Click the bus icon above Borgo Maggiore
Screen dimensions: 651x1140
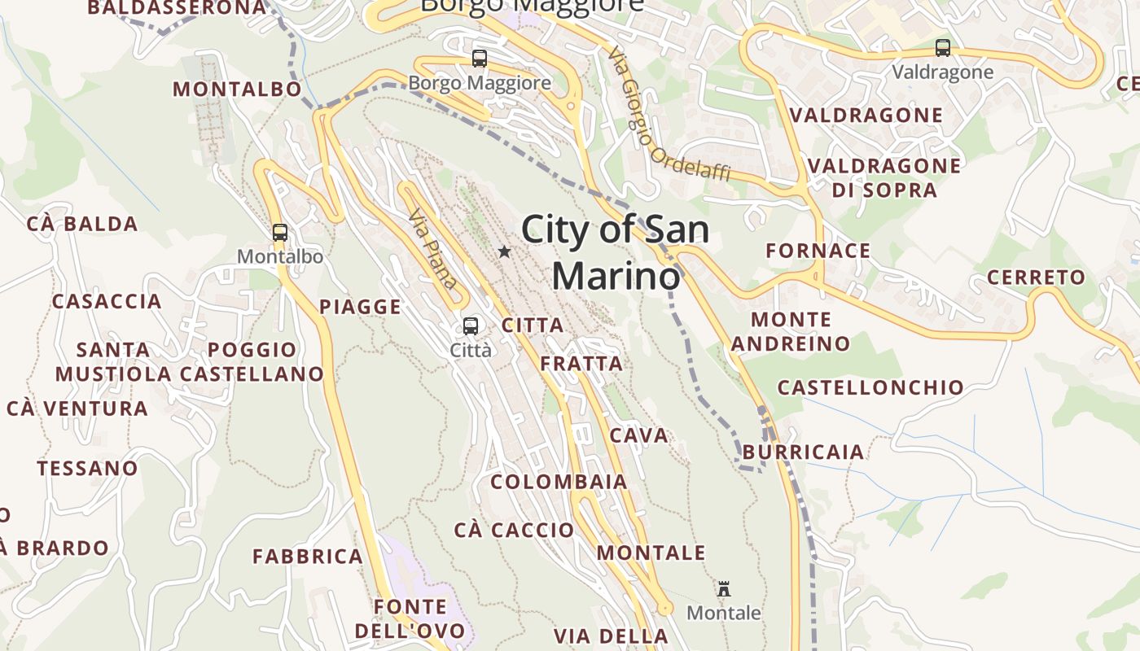[x=480, y=59]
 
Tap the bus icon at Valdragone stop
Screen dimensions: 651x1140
[x=943, y=48]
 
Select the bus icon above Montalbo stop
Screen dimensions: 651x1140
[x=280, y=233]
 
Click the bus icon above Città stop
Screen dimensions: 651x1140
[x=471, y=326]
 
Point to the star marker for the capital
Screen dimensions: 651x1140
[x=504, y=252]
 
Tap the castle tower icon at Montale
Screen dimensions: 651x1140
[x=723, y=589]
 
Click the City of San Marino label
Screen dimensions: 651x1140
[x=616, y=252]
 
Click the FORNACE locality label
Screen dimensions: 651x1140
[x=818, y=251]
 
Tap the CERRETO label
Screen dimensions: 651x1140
[x=1036, y=277]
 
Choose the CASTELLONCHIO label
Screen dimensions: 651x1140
[x=870, y=387]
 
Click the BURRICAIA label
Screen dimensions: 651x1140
[x=803, y=452]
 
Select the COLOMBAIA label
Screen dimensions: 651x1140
[x=559, y=482]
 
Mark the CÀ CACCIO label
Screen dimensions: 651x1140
[x=514, y=531]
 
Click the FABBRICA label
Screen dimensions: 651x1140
[x=308, y=557]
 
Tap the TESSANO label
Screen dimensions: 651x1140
[x=87, y=469]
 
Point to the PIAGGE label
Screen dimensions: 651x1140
[x=360, y=307]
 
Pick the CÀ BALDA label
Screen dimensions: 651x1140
[x=82, y=224]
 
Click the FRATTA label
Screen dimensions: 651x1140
[x=581, y=364]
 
